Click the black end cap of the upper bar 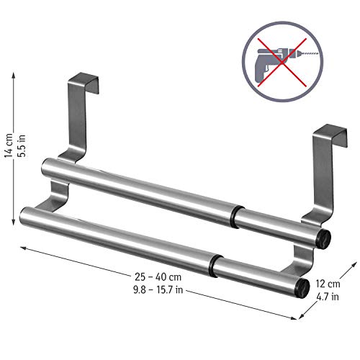pyautogui.click(x=324, y=235)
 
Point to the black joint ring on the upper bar pyautogui.click(x=236, y=214)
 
